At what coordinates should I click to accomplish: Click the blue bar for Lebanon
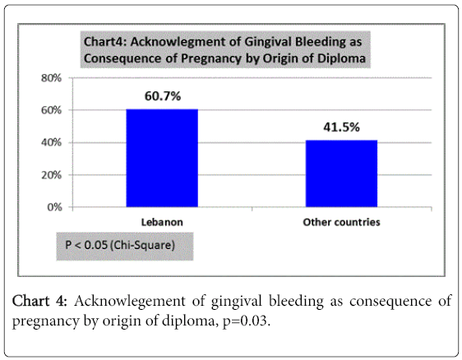click(162, 158)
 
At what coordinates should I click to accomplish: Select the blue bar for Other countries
click(341, 173)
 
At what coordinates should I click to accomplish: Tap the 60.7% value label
click(163, 96)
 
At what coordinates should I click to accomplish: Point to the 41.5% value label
click(341, 127)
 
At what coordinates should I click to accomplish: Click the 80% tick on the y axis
click(51, 78)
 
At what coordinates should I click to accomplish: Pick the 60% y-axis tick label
click(51, 110)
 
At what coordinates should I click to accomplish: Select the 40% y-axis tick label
click(51, 142)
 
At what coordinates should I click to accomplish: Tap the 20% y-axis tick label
click(51, 175)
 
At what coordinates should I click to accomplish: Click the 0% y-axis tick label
click(54, 207)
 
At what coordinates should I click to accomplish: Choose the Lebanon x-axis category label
click(162, 222)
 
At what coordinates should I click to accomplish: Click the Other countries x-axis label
click(341, 222)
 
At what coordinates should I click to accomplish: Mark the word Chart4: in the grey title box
click(105, 42)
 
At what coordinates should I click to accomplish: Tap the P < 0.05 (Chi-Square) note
click(120, 245)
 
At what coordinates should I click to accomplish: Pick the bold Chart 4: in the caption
click(40, 301)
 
